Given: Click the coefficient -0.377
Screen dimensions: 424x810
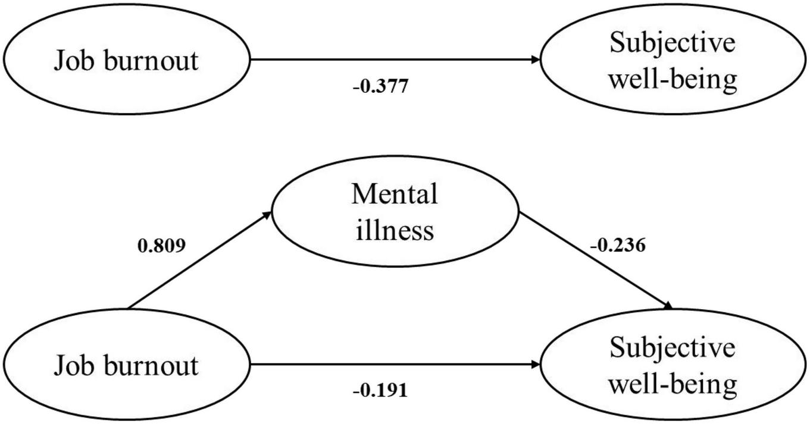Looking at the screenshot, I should tap(380, 87).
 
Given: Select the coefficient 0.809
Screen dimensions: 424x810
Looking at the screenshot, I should tap(161, 245).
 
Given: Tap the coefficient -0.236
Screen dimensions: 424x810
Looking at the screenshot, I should tap(617, 245).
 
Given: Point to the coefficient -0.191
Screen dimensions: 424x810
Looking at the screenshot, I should tap(380, 390).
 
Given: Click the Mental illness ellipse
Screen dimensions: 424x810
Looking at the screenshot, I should tap(395, 212).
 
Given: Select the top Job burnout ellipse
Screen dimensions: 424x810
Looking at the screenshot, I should tap(126, 59).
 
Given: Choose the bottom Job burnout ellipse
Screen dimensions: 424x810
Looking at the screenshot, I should tap(126, 365).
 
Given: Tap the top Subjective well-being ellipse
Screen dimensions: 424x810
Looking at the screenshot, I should tap(673, 59).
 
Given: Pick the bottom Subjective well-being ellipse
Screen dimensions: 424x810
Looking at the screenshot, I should tap(673, 365).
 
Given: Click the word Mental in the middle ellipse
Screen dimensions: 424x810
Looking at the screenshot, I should tap(395, 194).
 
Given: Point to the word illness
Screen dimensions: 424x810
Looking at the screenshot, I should tap(395, 230).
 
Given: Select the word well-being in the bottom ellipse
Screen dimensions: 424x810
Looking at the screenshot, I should tap(674, 384).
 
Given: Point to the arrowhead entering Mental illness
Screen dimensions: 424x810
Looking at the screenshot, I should tap(267, 214).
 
